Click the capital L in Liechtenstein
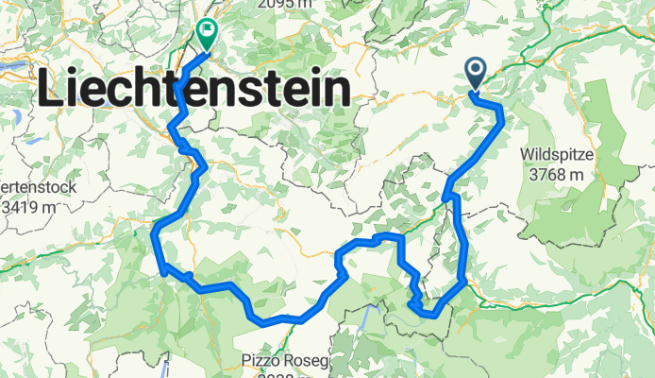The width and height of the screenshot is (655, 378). tap(51, 91)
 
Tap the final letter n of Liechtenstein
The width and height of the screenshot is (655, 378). tap(339, 91)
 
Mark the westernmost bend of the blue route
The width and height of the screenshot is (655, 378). tap(153, 230)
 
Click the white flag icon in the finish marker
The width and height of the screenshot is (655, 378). tap(207, 29)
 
